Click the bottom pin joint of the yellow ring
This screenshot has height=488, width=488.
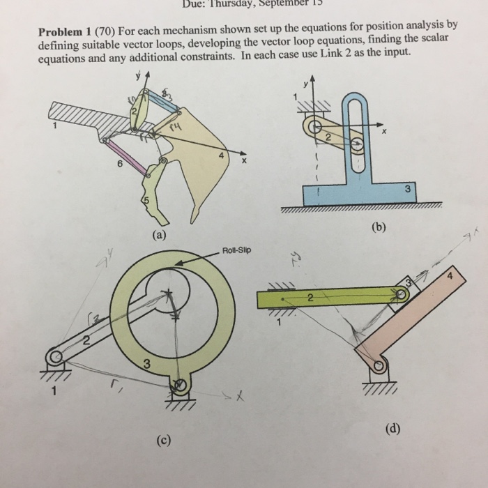click(180, 385)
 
